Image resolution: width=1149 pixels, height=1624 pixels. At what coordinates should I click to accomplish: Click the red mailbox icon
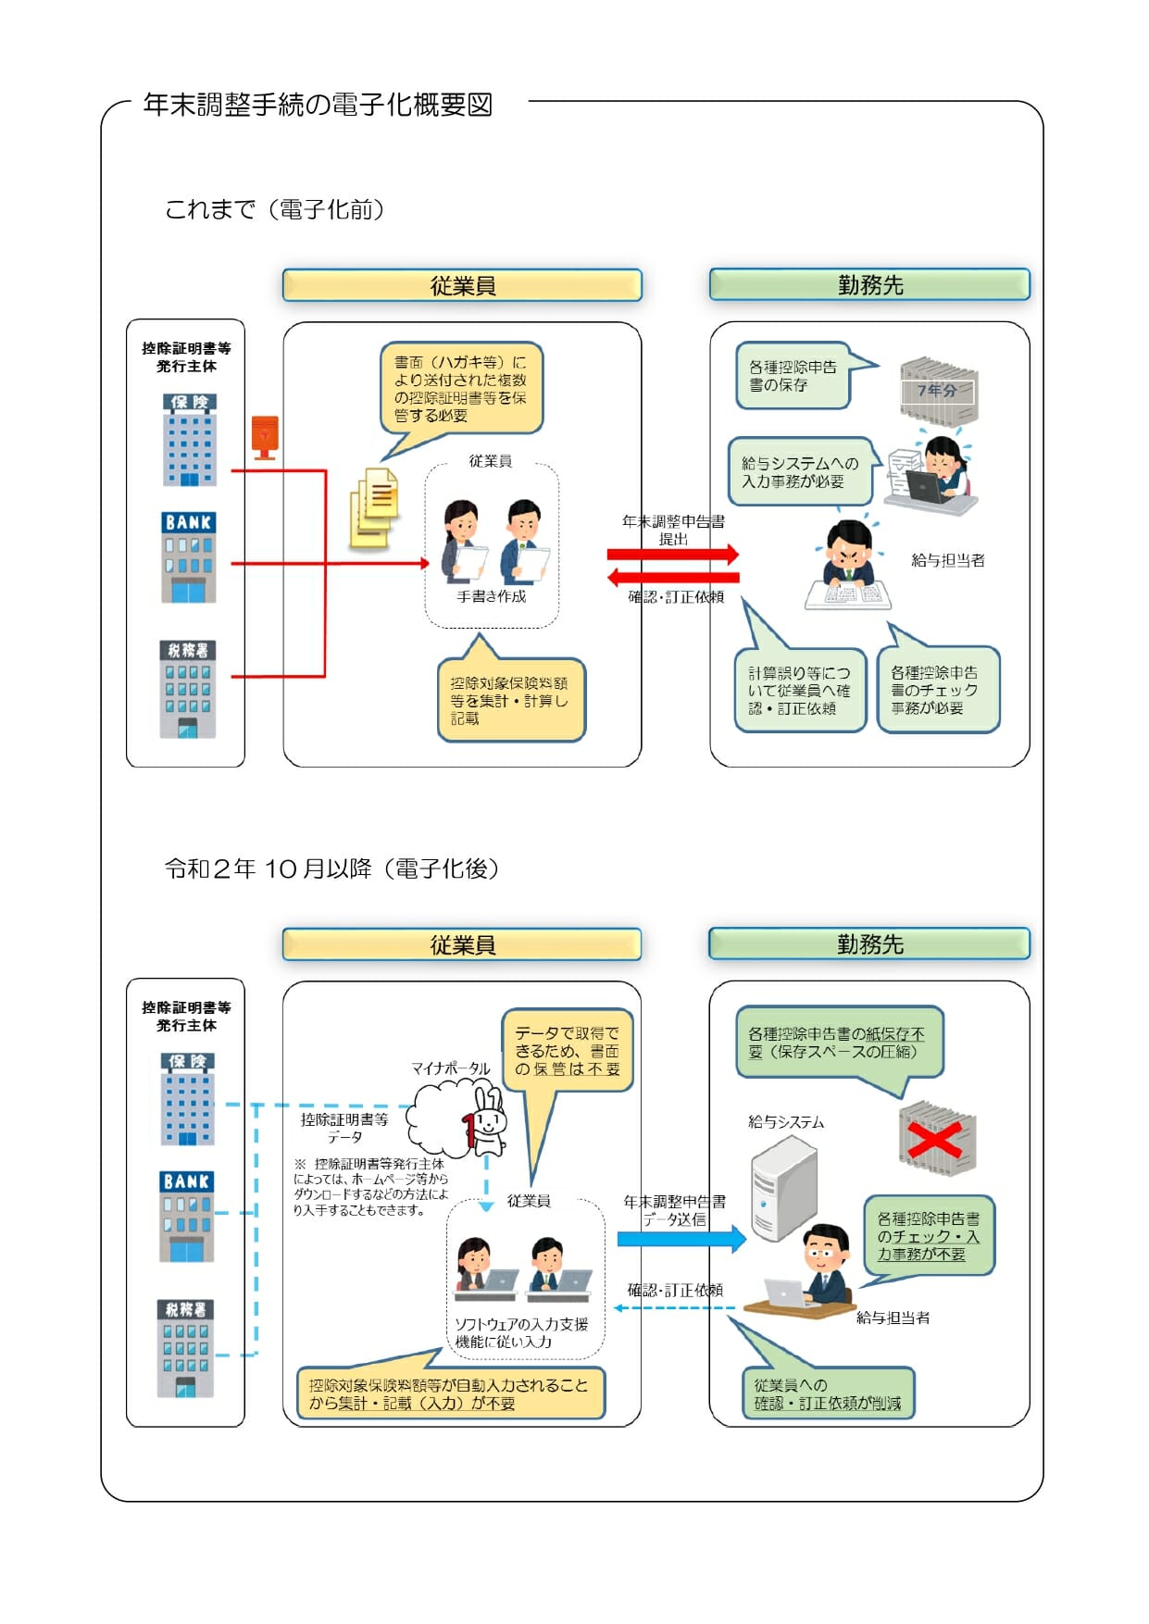coord(265,437)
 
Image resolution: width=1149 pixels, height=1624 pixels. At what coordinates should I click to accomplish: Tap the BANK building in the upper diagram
coord(189,557)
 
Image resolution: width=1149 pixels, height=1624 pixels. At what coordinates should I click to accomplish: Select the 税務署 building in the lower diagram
coord(186,1348)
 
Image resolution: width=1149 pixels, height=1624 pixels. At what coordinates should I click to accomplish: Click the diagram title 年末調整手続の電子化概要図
coord(318,105)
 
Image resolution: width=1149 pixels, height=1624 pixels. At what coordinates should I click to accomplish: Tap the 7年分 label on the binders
coord(937,391)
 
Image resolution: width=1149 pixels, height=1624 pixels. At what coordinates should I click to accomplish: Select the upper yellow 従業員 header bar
coord(462,285)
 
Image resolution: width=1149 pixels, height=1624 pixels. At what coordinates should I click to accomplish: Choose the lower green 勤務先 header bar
coord(868,944)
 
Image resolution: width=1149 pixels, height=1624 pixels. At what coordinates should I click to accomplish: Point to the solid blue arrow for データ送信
coord(681,1239)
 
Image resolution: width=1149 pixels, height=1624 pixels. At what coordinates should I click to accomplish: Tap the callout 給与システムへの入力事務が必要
coord(800,472)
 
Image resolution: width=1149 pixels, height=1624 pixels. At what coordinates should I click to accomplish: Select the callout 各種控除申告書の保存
coord(793,376)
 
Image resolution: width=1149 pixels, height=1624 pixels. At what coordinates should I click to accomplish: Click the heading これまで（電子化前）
coord(274,209)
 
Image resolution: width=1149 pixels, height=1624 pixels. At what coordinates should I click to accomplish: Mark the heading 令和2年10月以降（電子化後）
coord(331,868)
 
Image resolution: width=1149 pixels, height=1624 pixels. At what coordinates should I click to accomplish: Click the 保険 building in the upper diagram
coord(190,440)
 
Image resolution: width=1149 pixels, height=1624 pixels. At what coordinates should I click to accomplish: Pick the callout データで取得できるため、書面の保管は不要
coord(567,1050)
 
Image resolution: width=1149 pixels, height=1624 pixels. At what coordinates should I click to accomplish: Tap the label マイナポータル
coord(451,1068)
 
